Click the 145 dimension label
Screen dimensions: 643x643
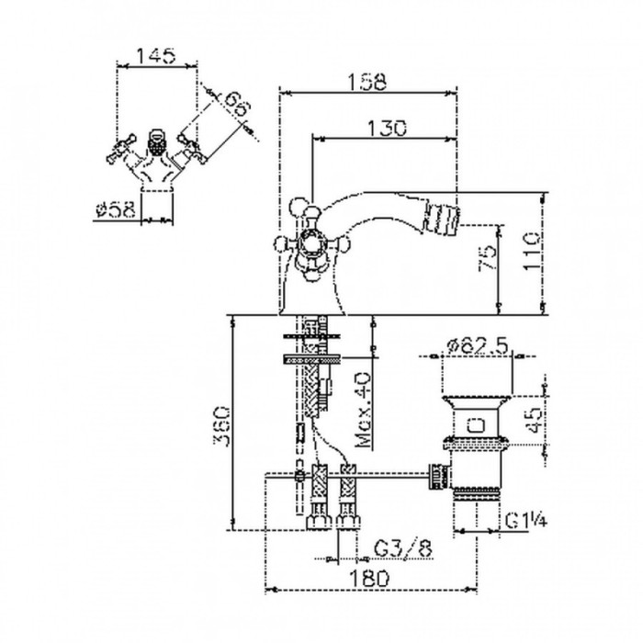point(156,55)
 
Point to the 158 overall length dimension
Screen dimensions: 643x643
point(367,81)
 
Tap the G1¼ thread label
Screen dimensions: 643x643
point(526,522)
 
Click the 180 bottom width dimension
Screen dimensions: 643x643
point(372,577)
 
